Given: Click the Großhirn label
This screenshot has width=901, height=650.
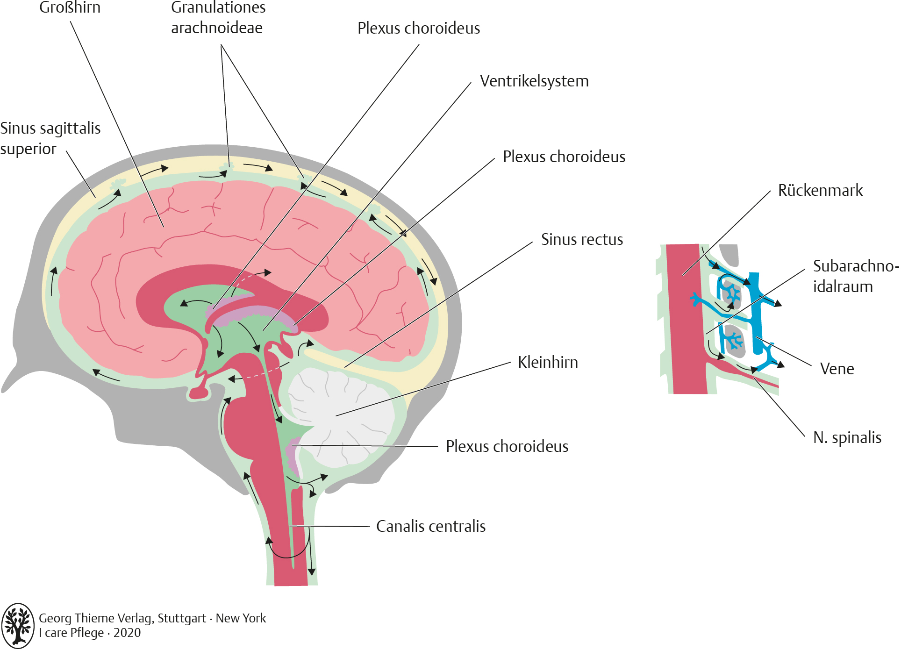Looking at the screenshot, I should (70, 7).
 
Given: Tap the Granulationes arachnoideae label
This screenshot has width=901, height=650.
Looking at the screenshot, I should (218, 18).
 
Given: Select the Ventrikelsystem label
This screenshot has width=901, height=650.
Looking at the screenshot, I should (534, 81).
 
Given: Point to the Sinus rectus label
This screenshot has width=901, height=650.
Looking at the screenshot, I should (582, 240).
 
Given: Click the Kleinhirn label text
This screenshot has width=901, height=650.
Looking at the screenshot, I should (548, 363).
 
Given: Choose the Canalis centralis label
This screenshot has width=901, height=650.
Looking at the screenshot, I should (431, 527).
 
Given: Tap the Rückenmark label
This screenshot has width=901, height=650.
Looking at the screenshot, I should (820, 191).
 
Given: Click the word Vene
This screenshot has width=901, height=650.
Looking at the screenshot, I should (837, 369).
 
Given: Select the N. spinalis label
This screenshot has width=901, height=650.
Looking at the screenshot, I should (847, 438).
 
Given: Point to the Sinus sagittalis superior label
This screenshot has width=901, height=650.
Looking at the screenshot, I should (50, 138).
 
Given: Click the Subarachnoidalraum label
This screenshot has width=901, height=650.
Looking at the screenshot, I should (855, 276).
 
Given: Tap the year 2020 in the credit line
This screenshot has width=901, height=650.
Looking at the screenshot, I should (127, 633).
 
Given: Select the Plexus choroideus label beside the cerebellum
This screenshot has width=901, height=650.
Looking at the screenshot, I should (507, 447).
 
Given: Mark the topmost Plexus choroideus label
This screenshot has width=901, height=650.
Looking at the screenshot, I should (419, 29).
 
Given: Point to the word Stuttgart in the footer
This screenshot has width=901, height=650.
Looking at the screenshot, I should (182, 619).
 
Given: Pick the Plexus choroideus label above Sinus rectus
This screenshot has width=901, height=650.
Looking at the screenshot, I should (564, 157).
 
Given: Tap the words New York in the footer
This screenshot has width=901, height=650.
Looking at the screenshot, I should (241, 619).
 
